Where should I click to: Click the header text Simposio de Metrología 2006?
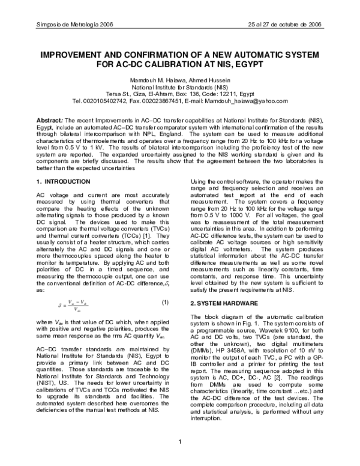click(62, 25)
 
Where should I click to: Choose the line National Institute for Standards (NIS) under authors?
click(179, 87)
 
